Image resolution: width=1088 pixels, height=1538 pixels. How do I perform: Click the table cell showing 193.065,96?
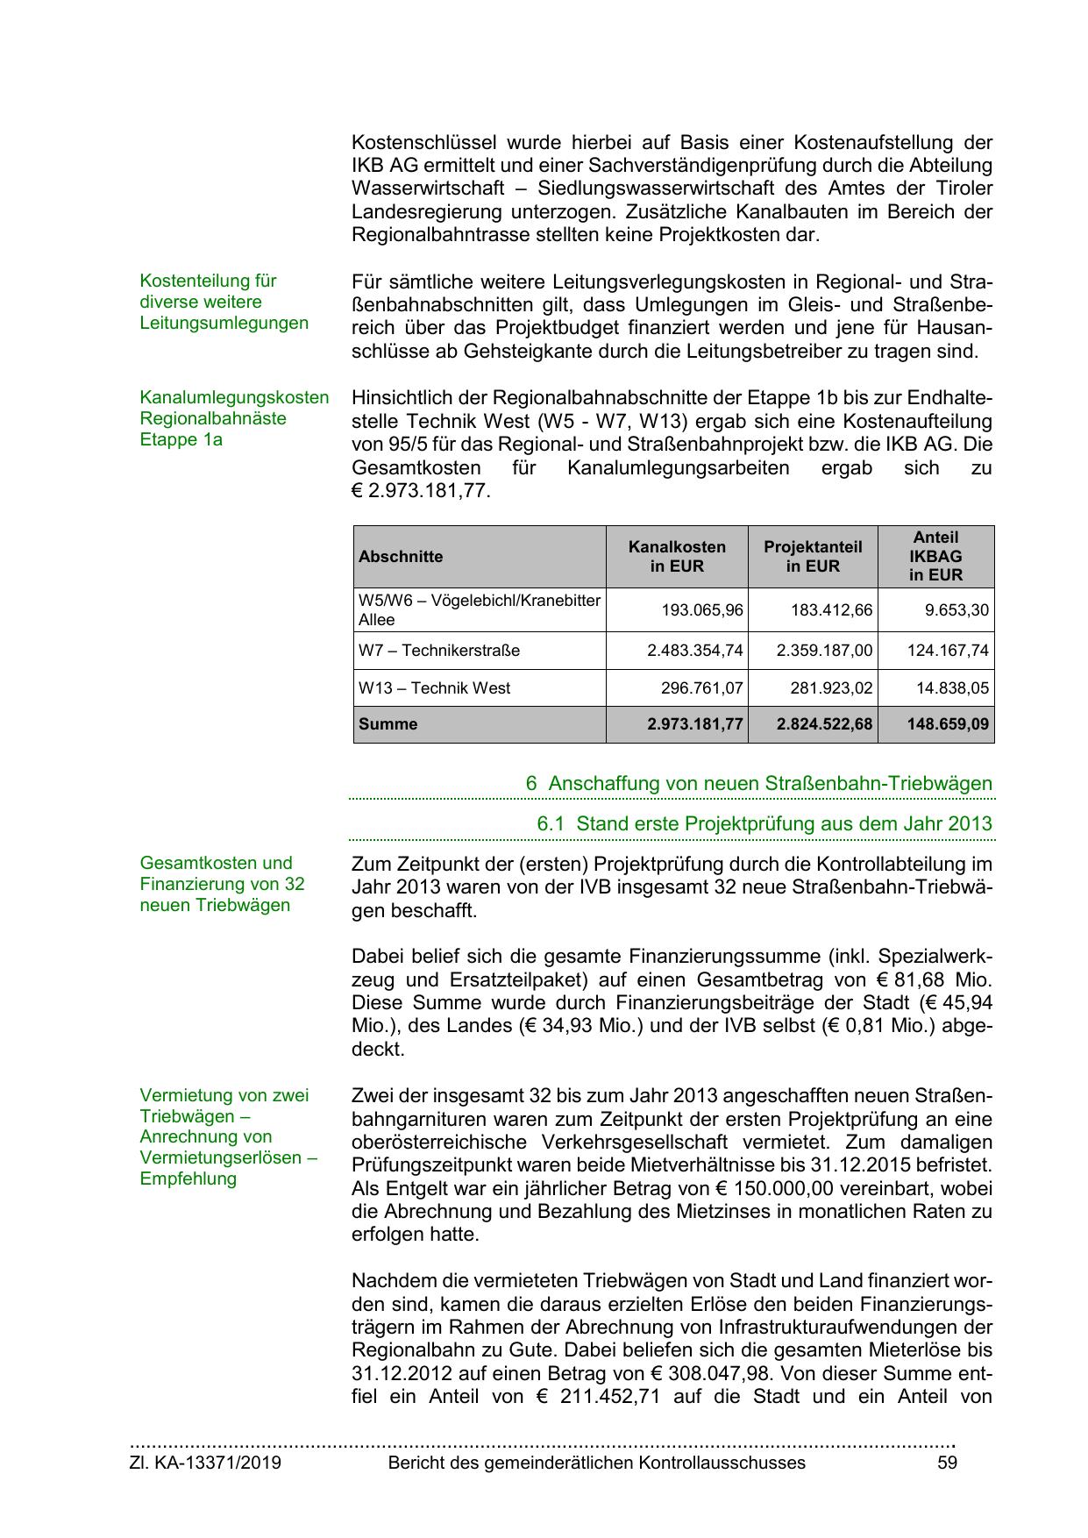[701, 610]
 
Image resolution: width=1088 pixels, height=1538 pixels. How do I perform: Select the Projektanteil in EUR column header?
[813, 557]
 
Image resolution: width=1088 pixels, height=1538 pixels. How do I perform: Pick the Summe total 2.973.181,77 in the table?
[694, 724]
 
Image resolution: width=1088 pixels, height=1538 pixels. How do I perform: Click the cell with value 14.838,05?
[952, 688]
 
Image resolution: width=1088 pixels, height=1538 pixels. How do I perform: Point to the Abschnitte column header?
[401, 557]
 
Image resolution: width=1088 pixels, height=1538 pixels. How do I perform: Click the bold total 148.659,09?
[948, 724]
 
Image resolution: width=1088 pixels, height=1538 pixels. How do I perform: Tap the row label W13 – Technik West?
[434, 688]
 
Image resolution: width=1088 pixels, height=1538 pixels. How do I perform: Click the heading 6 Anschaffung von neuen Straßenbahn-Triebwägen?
[758, 784]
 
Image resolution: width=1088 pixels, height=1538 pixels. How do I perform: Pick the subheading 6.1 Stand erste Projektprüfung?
[764, 824]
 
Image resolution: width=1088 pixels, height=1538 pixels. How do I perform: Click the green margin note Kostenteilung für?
[208, 281]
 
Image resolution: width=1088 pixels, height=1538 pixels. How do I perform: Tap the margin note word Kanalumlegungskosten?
[234, 398]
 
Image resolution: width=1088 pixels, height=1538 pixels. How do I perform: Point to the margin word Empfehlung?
[188, 1178]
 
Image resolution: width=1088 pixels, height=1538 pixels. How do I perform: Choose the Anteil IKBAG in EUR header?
[935, 557]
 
